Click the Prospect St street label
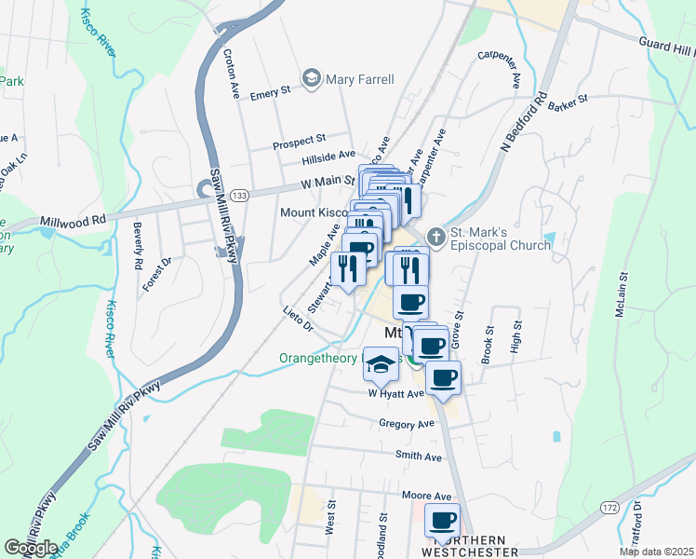coord(298,144)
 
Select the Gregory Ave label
coord(407,424)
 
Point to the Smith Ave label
coord(418,457)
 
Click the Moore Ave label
coord(426,496)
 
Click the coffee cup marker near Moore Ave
coord(442,521)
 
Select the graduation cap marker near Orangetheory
coord(381,363)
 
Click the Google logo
coord(31,549)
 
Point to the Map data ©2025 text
coord(657,552)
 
